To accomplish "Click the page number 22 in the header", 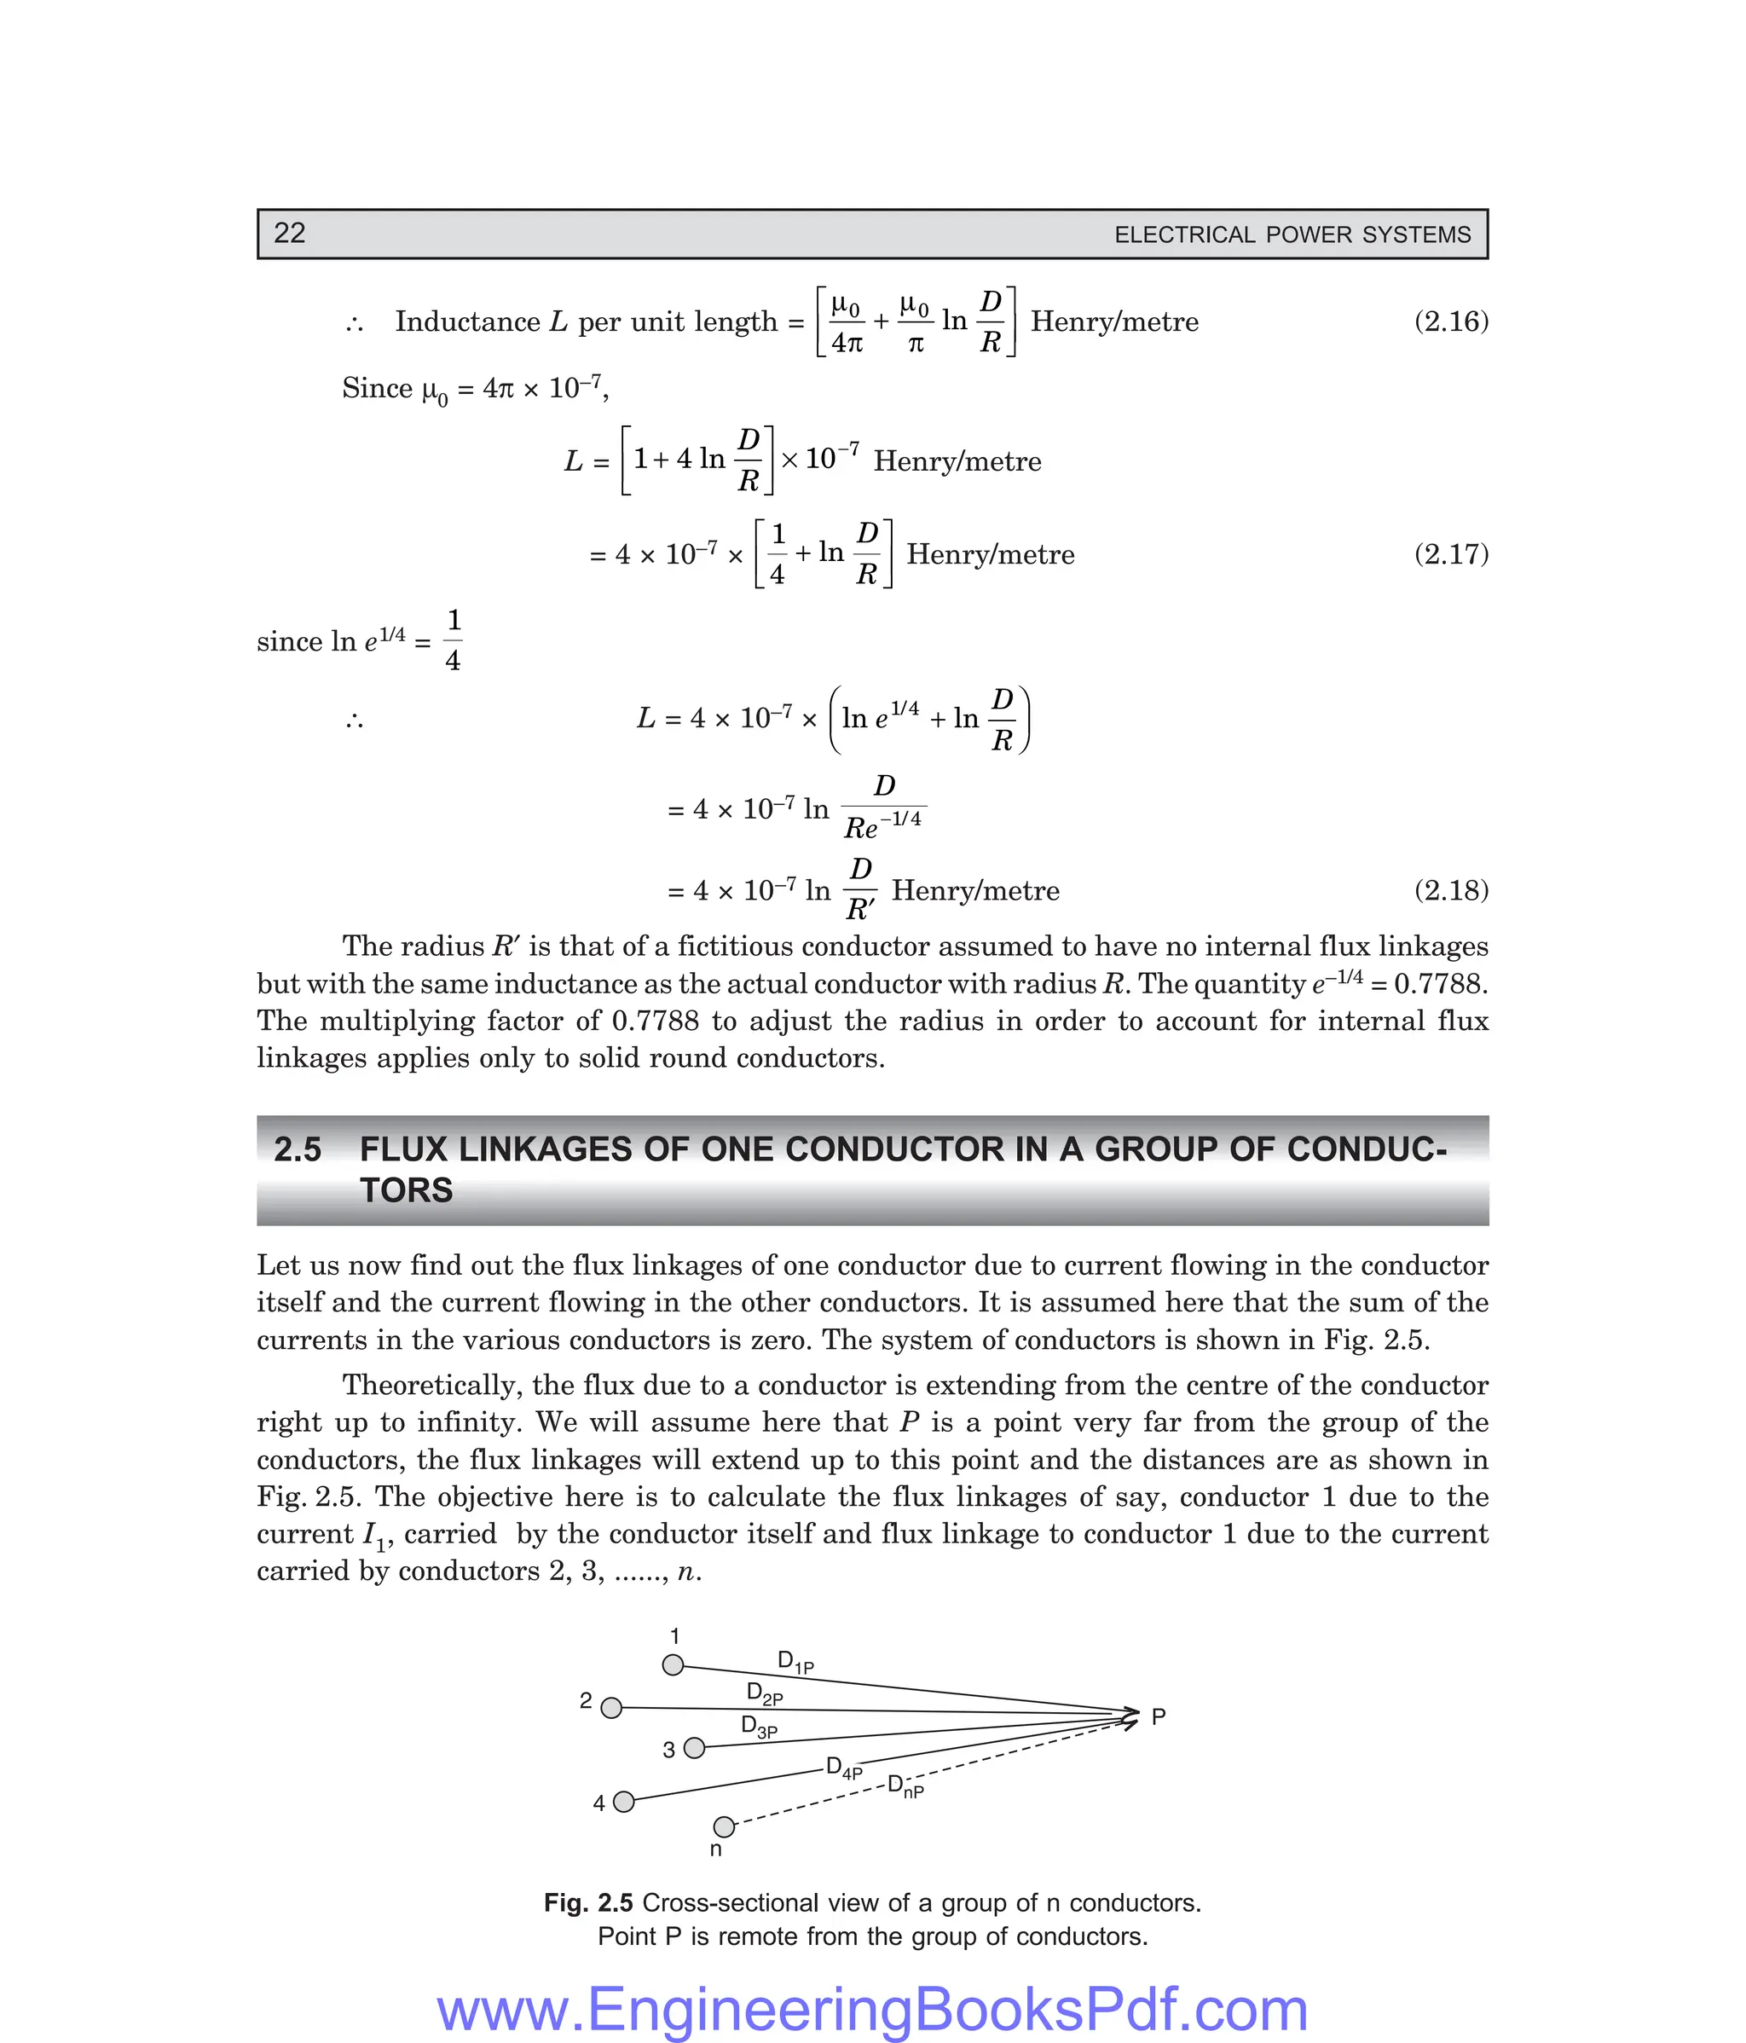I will [289, 233].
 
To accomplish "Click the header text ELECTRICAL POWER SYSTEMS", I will [1292, 234].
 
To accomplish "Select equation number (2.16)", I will [1450, 321].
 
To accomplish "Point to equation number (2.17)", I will [1450, 554].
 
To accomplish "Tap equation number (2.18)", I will [1450, 890].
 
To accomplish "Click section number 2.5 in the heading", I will [298, 1149].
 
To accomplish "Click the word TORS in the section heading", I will [406, 1191].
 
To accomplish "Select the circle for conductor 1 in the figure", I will [673, 1665].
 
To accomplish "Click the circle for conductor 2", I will [611, 1708].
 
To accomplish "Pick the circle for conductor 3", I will [694, 1748].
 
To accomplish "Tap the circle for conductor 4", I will [623, 1803].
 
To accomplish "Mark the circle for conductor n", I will [724, 1827].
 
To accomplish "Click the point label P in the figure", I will [1159, 1716].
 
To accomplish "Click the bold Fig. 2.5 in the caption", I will [587, 1903].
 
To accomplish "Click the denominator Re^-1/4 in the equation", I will [882, 825].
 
